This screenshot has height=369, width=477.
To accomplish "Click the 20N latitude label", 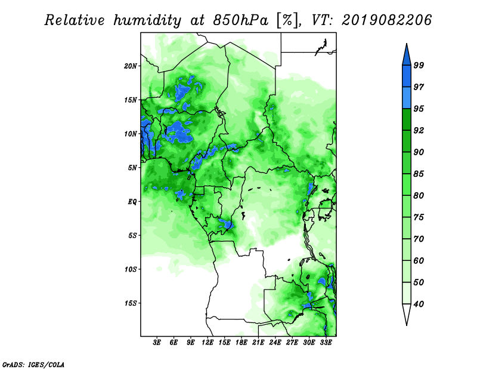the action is [131, 66].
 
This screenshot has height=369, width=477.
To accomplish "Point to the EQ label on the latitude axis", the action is [132, 202].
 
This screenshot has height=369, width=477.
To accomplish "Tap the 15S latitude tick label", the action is [131, 303].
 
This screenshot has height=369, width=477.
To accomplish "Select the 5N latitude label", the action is [132, 168].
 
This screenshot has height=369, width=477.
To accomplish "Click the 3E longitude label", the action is [157, 343].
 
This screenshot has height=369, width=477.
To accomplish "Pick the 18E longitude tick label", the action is [241, 343].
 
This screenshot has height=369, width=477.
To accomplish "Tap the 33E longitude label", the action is [326, 343].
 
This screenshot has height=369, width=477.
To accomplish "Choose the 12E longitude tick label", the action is [207, 343].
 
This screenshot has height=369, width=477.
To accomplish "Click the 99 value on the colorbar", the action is [419, 65].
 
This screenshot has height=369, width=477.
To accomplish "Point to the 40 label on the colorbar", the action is [419, 304].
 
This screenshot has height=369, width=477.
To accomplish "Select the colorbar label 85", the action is [419, 174].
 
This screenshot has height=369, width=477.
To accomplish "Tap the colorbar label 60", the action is [419, 260].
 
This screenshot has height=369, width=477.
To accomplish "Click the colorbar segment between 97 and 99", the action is [407, 76].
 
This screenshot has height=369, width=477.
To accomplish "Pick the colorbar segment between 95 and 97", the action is [407, 98].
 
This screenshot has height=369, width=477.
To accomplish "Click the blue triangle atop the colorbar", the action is [407, 56].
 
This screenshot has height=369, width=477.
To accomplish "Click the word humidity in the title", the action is [147, 20].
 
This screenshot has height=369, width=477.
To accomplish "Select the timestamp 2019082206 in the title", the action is [386, 20].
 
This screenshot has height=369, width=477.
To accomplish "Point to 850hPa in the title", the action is [240, 20].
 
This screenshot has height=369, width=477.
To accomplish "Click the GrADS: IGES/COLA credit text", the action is [33, 365].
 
